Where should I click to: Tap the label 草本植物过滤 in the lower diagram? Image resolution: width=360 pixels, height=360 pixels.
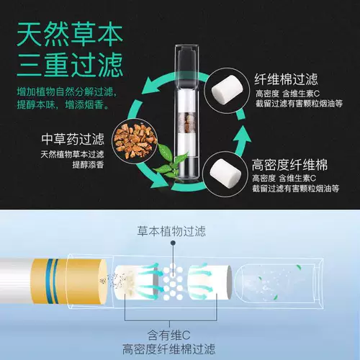pyautogui.click(x=179, y=232)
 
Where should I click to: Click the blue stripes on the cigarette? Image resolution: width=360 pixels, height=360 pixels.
pyautogui.click(x=50, y=278)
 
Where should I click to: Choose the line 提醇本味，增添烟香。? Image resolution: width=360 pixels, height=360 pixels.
pyautogui.click(x=57, y=106)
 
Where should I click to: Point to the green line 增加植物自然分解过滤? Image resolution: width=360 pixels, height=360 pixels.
pyautogui.click(x=68, y=92)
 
